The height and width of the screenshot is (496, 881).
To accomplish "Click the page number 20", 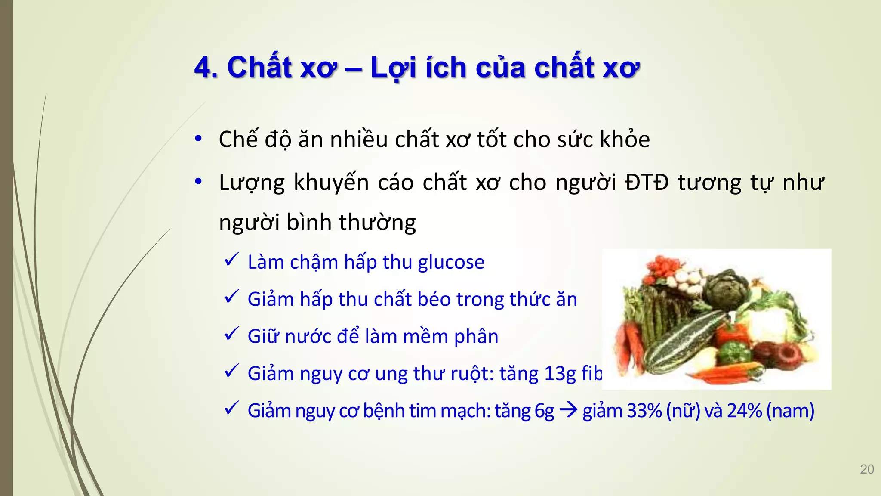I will click(x=867, y=469).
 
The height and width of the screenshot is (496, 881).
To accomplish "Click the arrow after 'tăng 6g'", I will click(x=568, y=411).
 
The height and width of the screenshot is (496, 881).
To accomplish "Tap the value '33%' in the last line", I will click(x=644, y=411).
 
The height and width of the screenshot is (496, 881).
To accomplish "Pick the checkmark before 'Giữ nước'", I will click(x=232, y=334).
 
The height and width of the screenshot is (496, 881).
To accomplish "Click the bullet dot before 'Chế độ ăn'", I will click(x=198, y=139).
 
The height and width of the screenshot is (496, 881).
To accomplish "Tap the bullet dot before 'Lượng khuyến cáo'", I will click(x=198, y=182).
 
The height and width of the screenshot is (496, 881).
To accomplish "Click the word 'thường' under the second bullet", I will click(x=377, y=223).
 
